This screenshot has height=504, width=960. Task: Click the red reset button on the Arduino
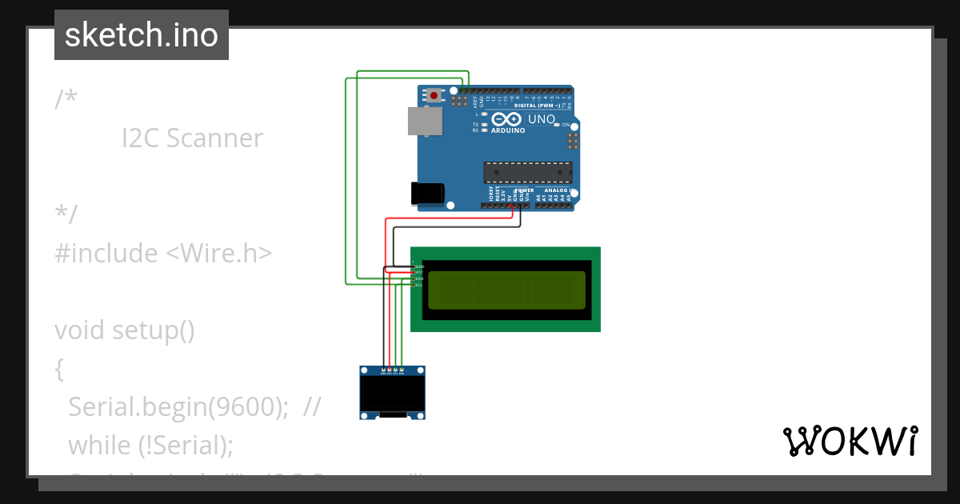[434, 96]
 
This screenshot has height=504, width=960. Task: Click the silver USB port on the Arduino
[425, 122]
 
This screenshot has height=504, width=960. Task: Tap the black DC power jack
[426, 193]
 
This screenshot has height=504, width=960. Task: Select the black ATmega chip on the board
[528, 173]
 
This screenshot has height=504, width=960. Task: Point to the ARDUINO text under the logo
[508, 130]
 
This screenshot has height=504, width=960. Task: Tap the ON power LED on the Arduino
[557, 126]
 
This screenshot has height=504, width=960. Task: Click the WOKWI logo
[850, 442]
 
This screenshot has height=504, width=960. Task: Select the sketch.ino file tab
[142, 35]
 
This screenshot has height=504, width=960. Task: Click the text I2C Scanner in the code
[192, 138]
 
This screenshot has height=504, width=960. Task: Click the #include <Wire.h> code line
[163, 254]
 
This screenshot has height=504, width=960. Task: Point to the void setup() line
[125, 330]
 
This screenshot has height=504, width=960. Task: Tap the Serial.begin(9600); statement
[178, 407]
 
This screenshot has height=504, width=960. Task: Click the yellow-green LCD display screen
[506, 290]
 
